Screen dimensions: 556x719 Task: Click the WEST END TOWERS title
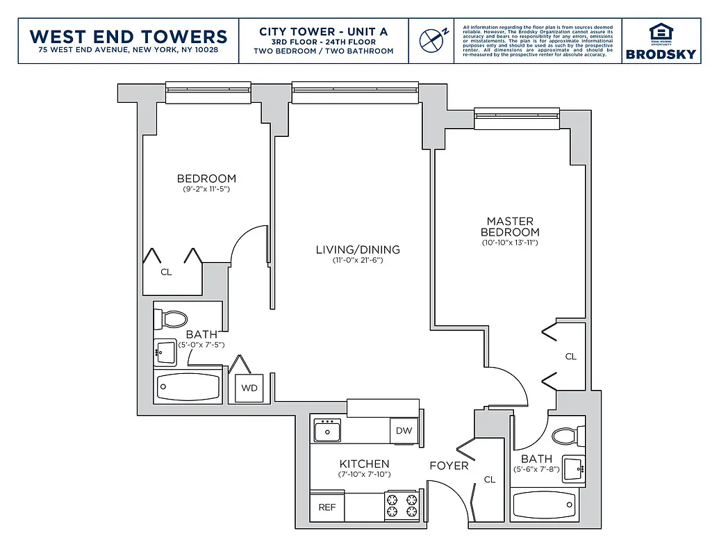[129, 36]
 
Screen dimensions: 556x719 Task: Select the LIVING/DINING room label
[358, 250]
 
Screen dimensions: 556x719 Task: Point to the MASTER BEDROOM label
[510, 227]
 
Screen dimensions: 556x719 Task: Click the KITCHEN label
[364, 464]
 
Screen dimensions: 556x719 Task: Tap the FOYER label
[449, 465]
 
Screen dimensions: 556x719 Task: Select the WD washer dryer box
[249, 388]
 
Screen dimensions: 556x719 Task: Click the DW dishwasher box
[404, 430]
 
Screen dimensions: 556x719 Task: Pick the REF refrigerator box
[327, 507]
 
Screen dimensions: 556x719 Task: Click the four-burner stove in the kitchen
[402, 507]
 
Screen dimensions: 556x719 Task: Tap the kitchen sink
[327, 431]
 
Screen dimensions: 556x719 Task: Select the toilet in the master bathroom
[568, 437]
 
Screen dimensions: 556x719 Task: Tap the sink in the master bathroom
[573, 468]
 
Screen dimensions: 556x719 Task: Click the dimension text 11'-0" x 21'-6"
[358, 260]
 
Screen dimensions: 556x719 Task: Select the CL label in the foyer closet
[489, 480]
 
